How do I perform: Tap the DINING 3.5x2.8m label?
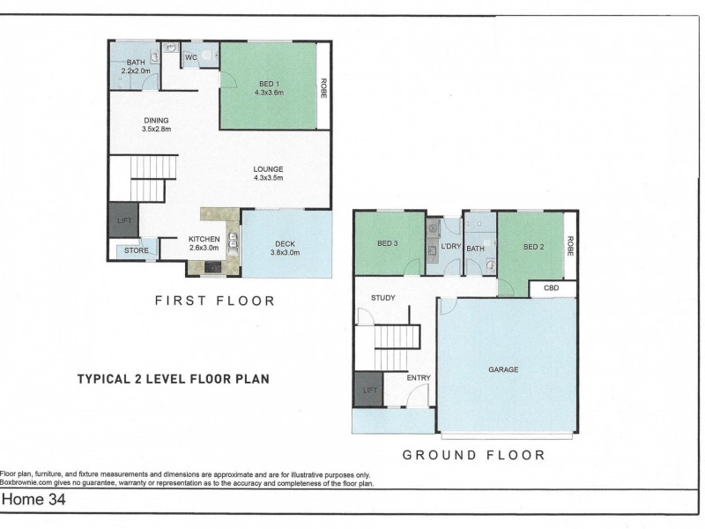[157, 124]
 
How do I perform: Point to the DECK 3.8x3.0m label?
[285, 249]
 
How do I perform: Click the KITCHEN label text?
[204, 239]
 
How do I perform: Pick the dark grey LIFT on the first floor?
[123, 220]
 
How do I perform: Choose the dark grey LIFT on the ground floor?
[368, 390]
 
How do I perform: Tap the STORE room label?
[137, 250]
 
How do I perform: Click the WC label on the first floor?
[191, 57]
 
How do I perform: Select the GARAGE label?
[503, 369]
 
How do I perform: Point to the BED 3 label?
[387, 243]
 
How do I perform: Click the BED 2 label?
[534, 247]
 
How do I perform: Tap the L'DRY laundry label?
[451, 247]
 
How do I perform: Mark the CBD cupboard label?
[552, 288]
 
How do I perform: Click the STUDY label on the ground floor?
[383, 298]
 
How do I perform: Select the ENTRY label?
[419, 378]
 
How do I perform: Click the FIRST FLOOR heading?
[215, 301]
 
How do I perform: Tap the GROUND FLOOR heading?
[474, 455]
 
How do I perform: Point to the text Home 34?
[34, 499]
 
